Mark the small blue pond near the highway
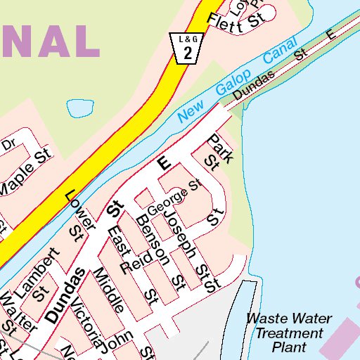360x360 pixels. tap(79, 108)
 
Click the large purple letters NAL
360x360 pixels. tap(49, 40)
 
